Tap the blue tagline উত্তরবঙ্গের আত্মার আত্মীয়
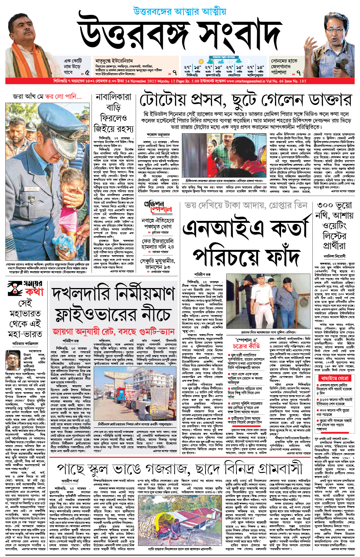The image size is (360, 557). (180, 11)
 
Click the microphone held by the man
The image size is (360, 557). (338, 64)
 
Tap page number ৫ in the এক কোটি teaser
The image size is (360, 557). (87, 72)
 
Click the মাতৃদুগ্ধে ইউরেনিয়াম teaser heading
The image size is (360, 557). (114, 61)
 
